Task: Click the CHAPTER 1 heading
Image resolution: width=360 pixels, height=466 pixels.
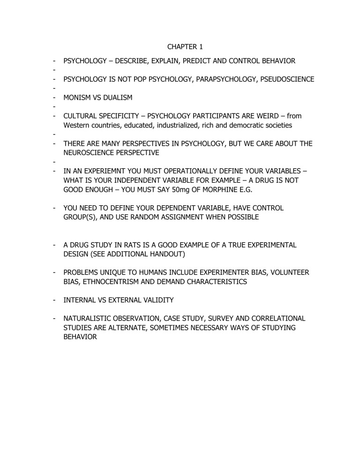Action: click(180, 47)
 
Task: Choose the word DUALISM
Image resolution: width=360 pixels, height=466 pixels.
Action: click(115, 98)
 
